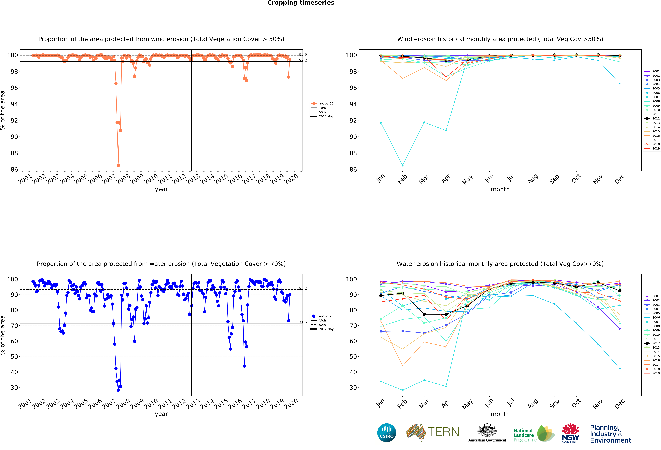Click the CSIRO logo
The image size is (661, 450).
387,433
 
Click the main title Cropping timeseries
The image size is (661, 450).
301,3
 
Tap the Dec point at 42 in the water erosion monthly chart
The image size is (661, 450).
620,368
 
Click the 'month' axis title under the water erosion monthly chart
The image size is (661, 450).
500,414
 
